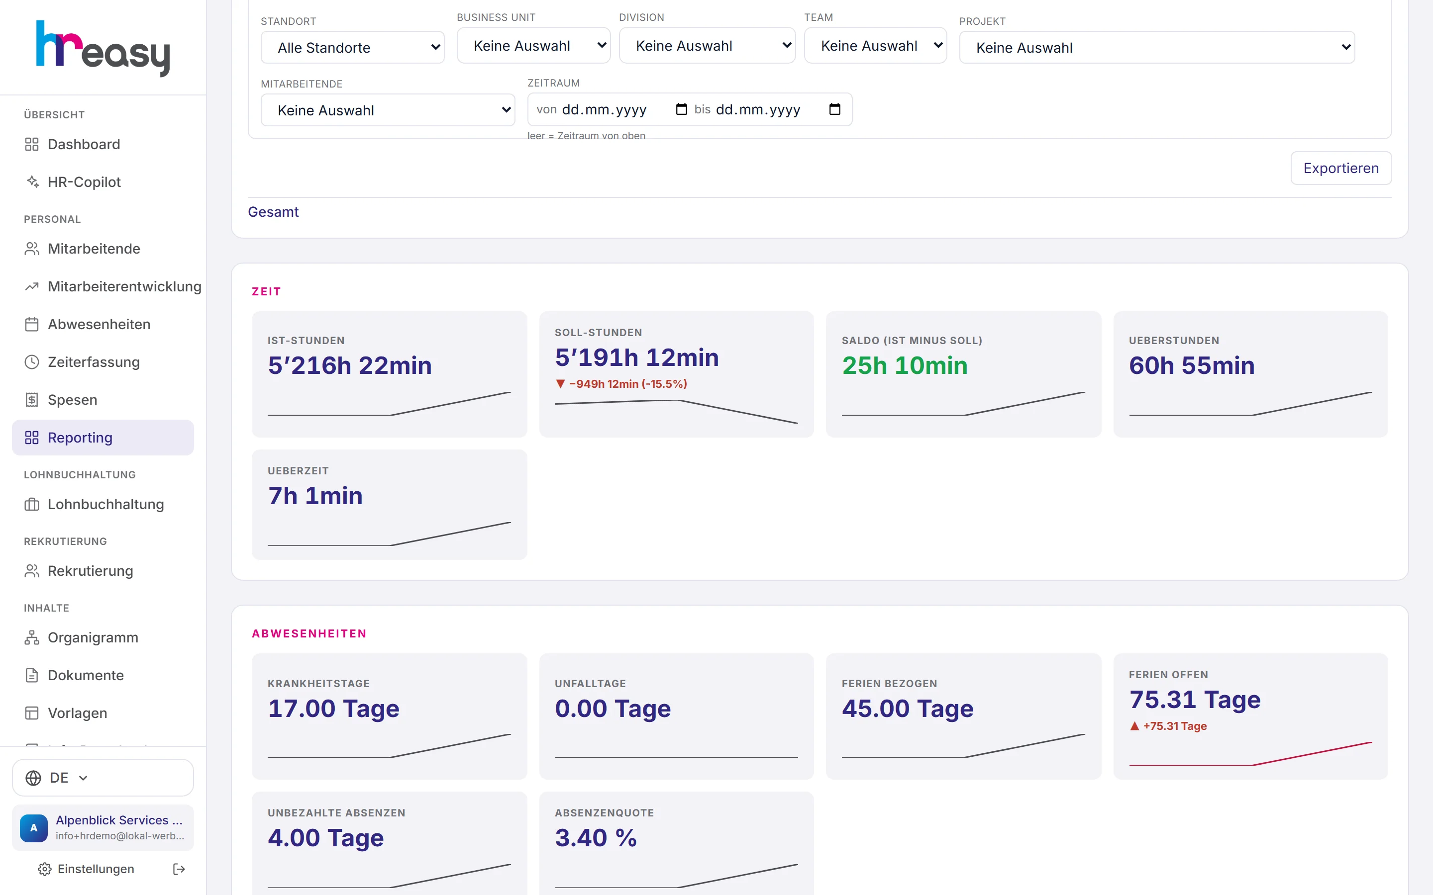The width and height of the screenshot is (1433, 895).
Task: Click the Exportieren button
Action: pyautogui.click(x=1340, y=168)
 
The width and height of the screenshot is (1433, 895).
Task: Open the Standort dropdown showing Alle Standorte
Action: pyautogui.click(x=352, y=47)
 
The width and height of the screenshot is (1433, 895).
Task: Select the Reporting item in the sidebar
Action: pyautogui.click(x=103, y=438)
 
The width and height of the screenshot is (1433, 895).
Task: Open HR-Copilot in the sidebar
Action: pyautogui.click(x=84, y=181)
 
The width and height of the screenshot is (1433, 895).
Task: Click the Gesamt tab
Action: pyautogui.click(x=273, y=212)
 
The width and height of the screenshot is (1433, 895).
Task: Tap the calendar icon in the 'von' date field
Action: pyautogui.click(x=682, y=109)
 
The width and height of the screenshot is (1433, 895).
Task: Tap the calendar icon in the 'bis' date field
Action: pyautogui.click(x=835, y=109)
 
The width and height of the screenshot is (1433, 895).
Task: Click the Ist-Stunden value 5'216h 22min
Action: pyautogui.click(x=349, y=365)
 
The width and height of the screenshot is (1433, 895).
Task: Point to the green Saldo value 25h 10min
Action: pyautogui.click(x=904, y=365)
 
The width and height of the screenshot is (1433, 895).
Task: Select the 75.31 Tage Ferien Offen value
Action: pyautogui.click(x=1194, y=700)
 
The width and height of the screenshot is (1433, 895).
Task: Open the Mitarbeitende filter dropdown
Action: pyautogui.click(x=388, y=110)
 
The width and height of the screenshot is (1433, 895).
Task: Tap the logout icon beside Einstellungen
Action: pyautogui.click(x=179, y=869)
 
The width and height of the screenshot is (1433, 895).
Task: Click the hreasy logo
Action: pyautogui.click(x=103, y=49)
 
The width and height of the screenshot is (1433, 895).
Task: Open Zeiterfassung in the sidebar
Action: pyautogui.click(x=94, y=361)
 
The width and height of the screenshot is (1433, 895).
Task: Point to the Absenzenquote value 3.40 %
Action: pyautogui.click(x=596, y=838)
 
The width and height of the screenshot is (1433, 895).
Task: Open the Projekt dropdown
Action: pyautogui.click(x=1156, y=47)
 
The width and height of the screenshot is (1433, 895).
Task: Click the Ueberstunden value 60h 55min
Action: pyautogui.click(x=1191, y=365)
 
